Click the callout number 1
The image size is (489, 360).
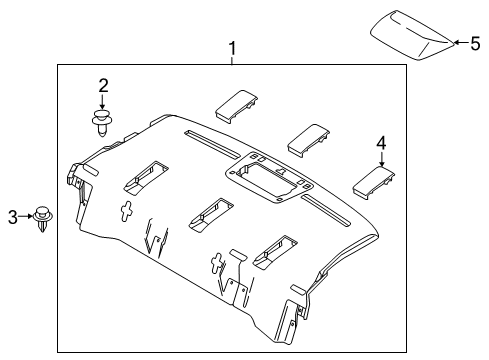232,49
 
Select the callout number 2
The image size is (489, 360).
103,86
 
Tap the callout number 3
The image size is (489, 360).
13,217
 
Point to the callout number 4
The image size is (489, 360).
381,143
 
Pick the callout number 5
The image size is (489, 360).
475,43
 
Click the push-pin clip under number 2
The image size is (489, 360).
102,122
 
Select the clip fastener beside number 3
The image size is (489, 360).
43,219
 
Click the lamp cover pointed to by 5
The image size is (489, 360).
412,35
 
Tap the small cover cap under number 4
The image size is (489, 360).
374,183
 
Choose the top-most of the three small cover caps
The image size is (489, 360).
237,107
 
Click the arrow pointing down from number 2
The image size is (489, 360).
102,101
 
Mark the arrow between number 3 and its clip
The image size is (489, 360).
25,217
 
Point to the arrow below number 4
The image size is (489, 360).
382,159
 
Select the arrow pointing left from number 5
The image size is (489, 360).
462,42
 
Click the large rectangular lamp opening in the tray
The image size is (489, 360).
269,178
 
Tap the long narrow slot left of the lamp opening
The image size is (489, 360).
212,143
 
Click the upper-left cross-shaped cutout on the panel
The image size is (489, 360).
126,211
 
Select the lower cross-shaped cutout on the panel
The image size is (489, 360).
217,263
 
